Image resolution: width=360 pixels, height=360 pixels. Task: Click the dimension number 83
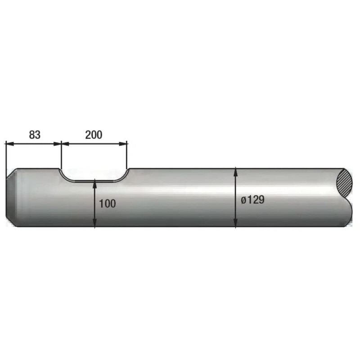tap(35, 135)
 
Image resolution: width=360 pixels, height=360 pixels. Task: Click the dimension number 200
tap(94, 135)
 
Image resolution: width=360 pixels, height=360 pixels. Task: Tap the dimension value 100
tap(107, 204)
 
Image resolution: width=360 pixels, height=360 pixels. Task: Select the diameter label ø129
tap(252, 200)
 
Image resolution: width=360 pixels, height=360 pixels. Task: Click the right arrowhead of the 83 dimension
tap(57, 144)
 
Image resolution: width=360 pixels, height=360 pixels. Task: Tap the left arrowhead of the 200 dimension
tap(65, 144)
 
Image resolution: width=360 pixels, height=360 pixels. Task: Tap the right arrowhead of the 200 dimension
tap(122, 144)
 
